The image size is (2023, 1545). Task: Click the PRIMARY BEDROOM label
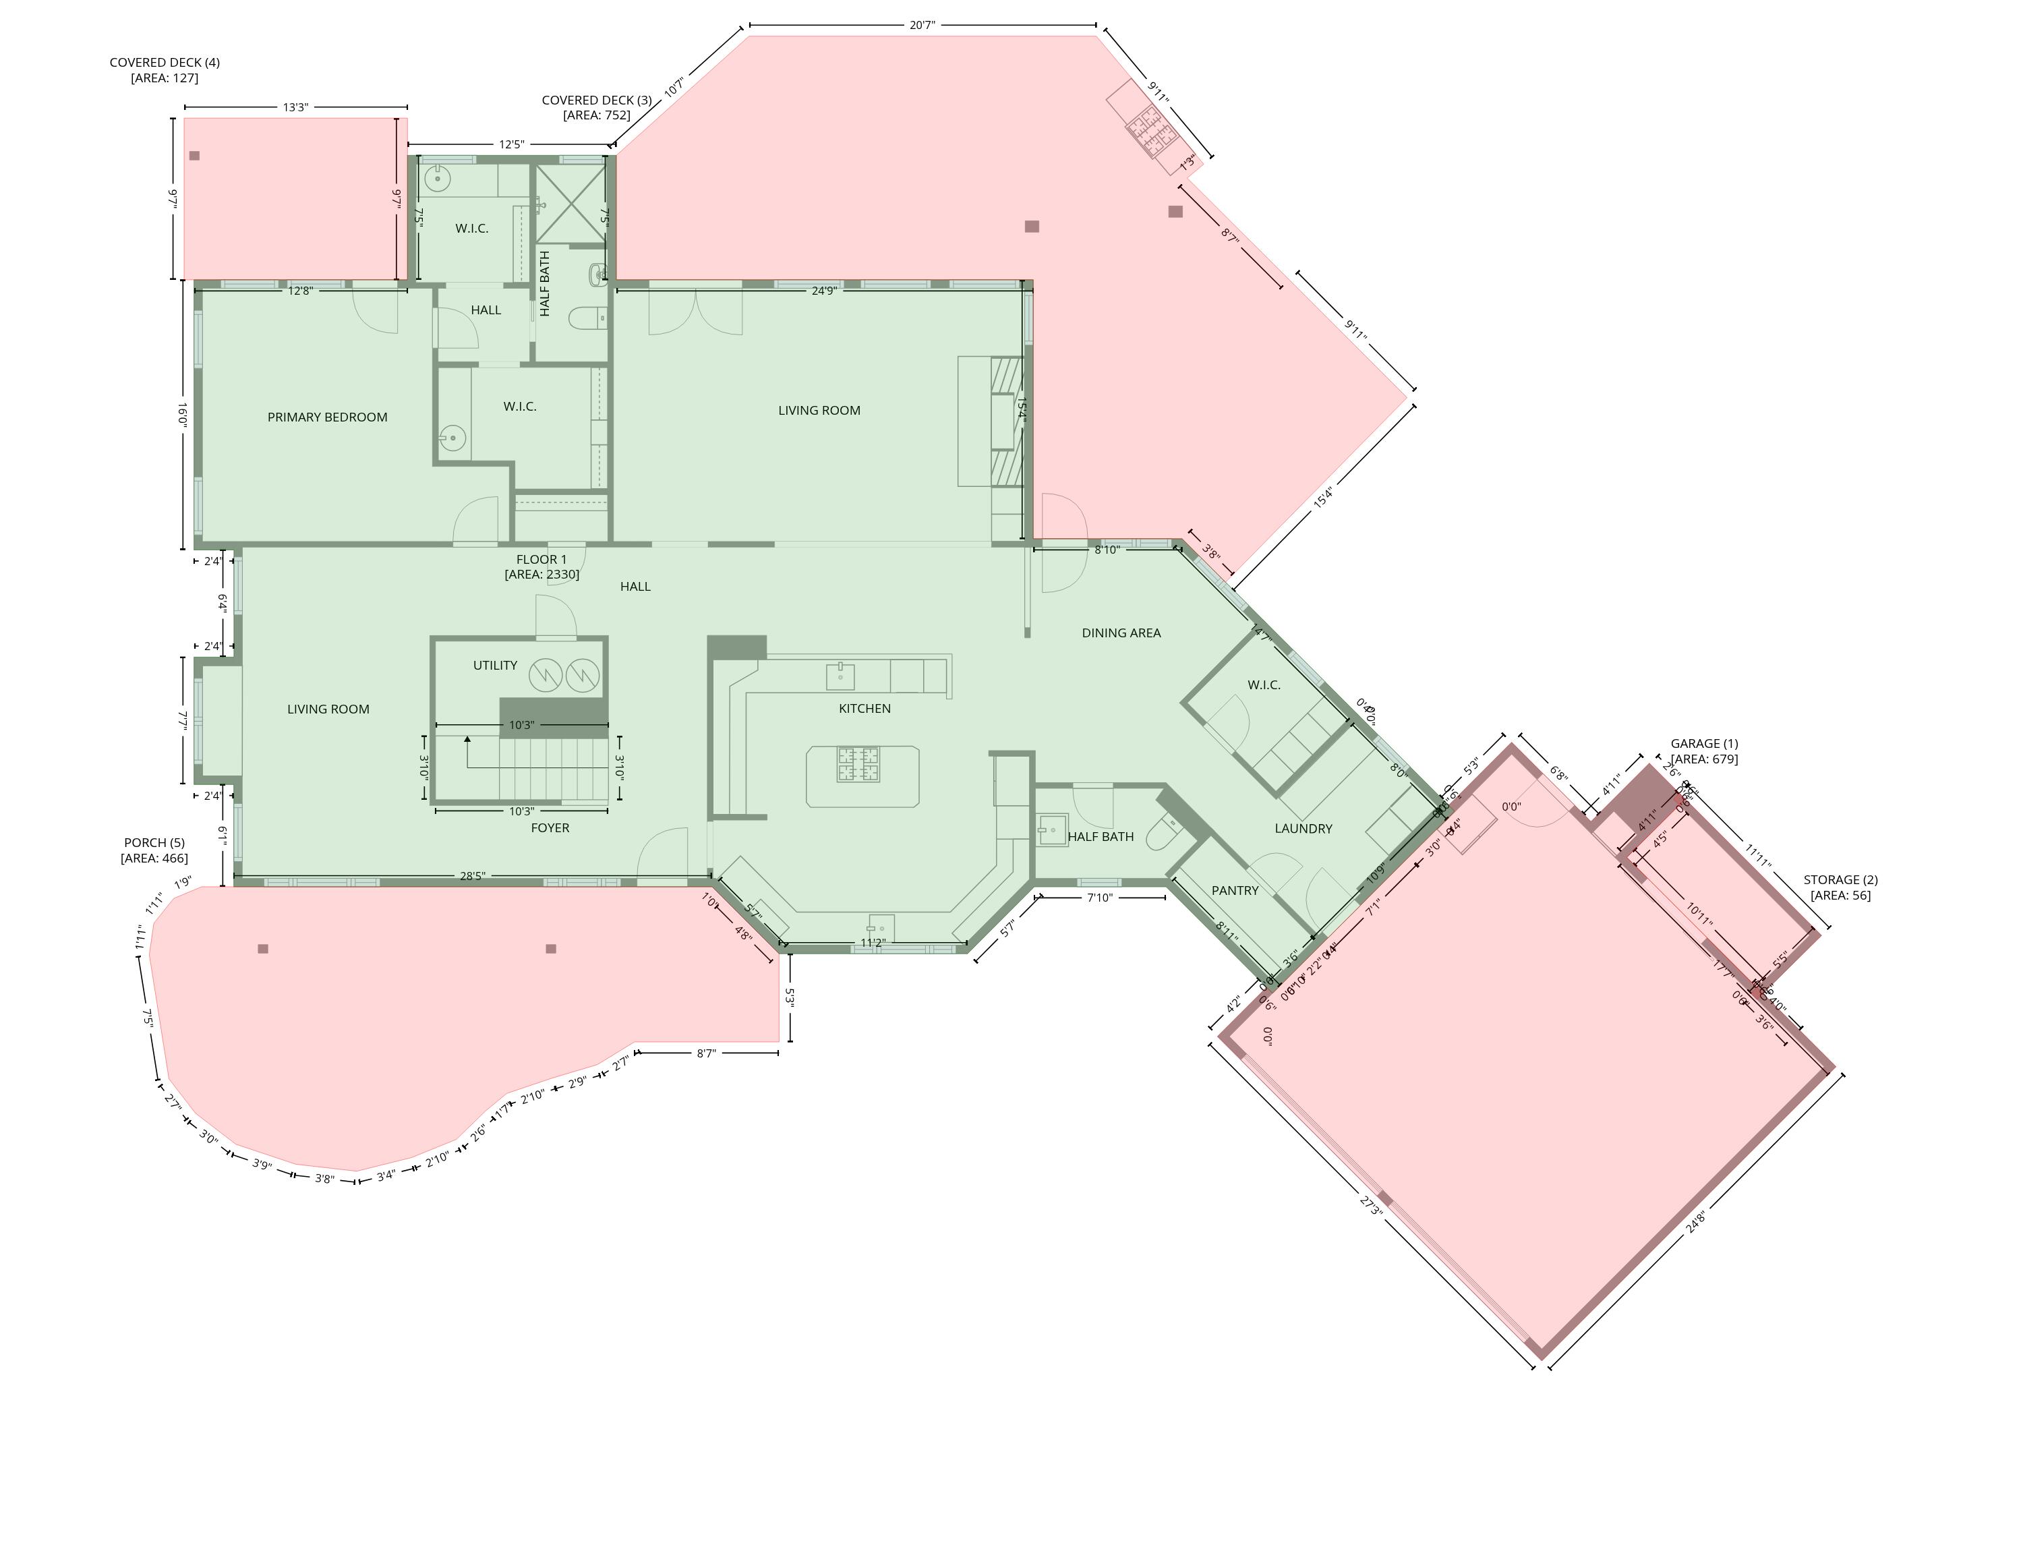point(327,417)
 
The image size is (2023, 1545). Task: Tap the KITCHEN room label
point(864,708)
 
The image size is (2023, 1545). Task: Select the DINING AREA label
point(1121,633)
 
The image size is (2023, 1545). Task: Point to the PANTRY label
point(1234,890)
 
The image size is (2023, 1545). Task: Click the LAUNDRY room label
point(1303,829)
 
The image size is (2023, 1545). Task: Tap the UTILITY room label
point(495,665)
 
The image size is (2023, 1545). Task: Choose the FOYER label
point(550,827)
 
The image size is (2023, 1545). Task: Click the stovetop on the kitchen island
point(857,764)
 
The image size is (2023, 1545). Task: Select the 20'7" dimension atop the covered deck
point(922,25)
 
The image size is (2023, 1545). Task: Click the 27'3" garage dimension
point(1371,1206)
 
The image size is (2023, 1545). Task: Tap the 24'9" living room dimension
point(824,291)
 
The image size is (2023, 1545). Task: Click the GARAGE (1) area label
point(1704,751)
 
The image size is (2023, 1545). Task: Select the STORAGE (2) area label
point(1840,887)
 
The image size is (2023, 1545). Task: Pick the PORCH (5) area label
point(154,850)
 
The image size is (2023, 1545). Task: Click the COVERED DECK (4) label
point(165,70)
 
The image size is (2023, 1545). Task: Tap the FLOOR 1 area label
point(541,566)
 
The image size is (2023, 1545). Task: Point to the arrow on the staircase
point(467,739)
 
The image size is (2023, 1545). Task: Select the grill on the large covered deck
point(1153,132)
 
